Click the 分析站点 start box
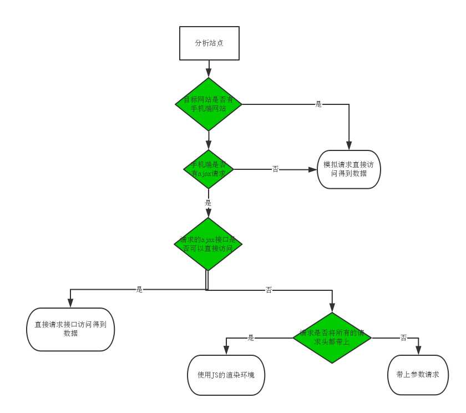tap(209, 43)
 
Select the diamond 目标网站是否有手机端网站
tap(209, 104)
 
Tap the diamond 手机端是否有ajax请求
tap(209, 169)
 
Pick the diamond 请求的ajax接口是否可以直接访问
tap(209, 244)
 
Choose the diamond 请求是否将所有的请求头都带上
tap(332, 338)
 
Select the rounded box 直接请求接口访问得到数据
tap(70, 329)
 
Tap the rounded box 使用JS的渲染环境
tap(226, 375)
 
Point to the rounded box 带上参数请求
tap(418, 375)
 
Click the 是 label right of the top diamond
tap(318, 104)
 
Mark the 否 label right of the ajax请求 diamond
tap(276, 169)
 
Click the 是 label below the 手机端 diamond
tap(209, 203)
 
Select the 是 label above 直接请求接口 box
tap(139, 289)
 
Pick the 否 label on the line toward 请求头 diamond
tap(269, 290)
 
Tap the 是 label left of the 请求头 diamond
tap(251, 338)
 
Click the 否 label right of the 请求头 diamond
tap(403, 338)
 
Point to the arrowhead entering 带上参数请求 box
tap(418, 351)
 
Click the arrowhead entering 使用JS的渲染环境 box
tap(226, 351)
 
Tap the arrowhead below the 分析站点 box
tap(209, 73)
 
